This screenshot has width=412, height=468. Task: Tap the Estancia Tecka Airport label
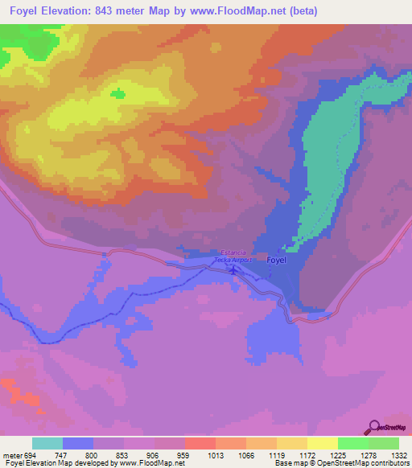[x=234, y=257]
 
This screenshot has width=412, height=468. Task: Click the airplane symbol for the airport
[x=233, y=269]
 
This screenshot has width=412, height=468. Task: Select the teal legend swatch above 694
[x=47, y=443]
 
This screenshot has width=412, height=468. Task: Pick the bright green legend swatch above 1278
[x=353, y=443]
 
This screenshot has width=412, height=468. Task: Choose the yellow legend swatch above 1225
[x=323, y=443]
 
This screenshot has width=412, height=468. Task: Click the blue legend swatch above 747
[x=78, y=443]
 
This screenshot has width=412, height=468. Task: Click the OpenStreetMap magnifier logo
[x=374, y=428]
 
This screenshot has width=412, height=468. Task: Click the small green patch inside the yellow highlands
[x=119, y=94]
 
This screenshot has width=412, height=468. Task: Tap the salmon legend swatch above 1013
[x=200, y=443]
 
